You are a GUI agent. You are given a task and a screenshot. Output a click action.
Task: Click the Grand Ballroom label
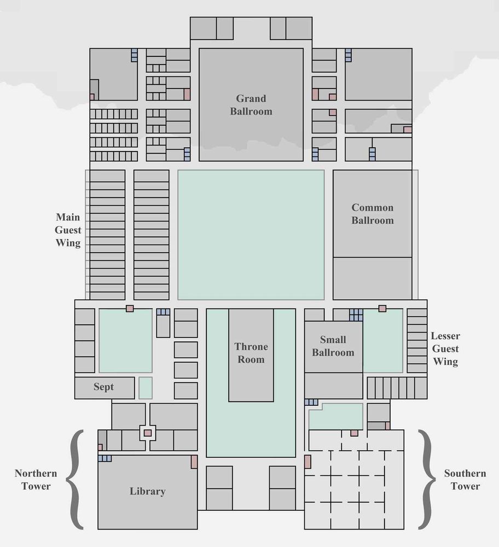[x=251, y=104]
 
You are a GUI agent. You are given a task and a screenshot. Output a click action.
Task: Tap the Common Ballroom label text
[x=372, y=214]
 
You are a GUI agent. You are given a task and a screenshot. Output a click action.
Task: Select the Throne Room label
[x=251, y=353]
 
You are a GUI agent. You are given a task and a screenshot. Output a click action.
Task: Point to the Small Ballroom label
[x=333, y=346]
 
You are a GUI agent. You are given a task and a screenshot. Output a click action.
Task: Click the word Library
[x=147, y=491]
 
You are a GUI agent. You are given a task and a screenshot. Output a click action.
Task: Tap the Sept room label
[x=103, y=387]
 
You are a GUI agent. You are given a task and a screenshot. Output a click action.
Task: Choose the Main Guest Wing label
[x=68, y=230]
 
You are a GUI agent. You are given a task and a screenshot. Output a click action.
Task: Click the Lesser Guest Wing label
[x=445, y=348]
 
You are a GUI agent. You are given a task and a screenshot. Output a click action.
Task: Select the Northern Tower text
[x=36, y=480]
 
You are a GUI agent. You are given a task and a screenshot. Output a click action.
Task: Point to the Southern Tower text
[x=465, y=480]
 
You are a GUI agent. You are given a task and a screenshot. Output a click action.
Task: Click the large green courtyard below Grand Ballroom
[x=251, y=235]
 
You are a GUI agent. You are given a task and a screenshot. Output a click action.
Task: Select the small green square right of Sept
[x=146, y=388]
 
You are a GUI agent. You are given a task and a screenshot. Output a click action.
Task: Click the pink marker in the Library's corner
[x=194, y=462]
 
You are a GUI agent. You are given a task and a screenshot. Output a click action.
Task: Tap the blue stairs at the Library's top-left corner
[x=105, y=458]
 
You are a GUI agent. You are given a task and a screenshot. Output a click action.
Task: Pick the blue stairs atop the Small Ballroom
[x=356, y=315]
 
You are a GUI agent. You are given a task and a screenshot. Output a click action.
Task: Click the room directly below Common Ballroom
[x=372, y=278]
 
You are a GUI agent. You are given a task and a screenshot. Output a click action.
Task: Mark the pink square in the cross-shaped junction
[x=148, y=433]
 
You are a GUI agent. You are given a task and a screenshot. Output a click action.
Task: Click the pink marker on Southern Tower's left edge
[x=307, y=462]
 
